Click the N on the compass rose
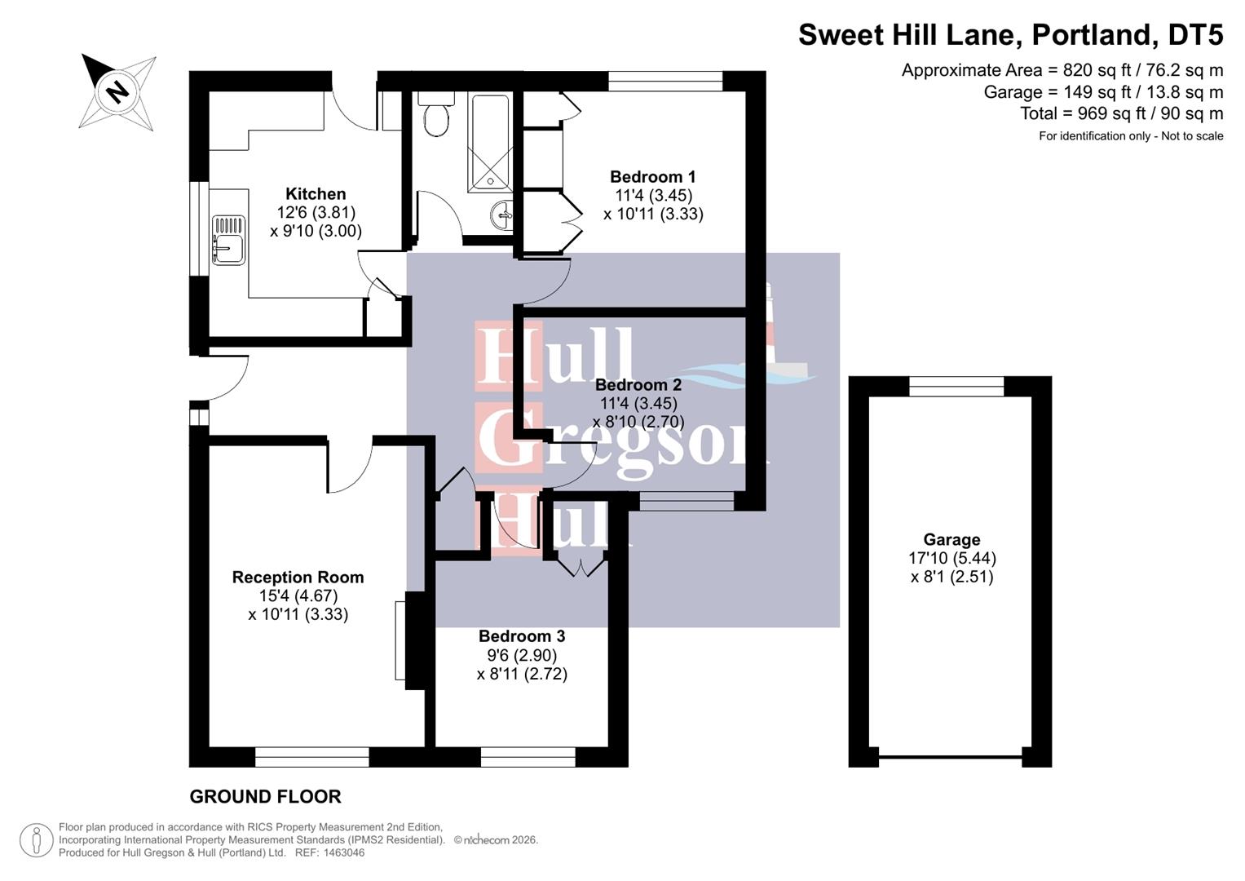pos(117,91)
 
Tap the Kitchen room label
pos(316,193)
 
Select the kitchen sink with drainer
pos(227,241)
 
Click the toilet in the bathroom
pos(436,114)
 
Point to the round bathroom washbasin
pos(502,215)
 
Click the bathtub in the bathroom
pos(489,144)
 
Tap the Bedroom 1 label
pos(652,177)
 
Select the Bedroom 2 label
pos(638,385)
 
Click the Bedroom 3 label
pos(522,635)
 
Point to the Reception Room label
pos(298,578)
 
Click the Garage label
pos(951,539)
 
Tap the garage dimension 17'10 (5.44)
pos(952,558)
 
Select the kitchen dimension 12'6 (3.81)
pos(316,212)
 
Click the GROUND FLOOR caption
pos(265,796)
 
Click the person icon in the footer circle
pos(37,840)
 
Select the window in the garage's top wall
pos(956,386)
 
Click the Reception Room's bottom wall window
pos(311,757)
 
